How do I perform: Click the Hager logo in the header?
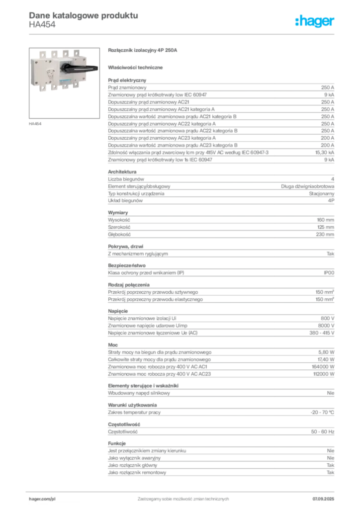[x=314, y=21]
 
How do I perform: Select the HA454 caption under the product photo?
[x=35, y=124]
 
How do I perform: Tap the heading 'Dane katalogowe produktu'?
[x=84, y=15]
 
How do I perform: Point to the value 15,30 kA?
[x=324, y=152]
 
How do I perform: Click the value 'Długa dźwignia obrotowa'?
[x=307, y=186]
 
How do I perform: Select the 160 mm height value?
[x=325, y=220]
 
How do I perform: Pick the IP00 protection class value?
[x=329, y=273]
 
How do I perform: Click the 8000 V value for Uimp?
[x=326, y=325]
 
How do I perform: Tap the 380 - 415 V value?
[x=322, y=333]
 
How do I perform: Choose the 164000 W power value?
[x=323, y=366]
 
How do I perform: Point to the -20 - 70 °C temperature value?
[x=322, y=412]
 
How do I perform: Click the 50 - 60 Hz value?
[x=322, y=432]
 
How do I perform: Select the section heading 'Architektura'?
[x=122, y=171]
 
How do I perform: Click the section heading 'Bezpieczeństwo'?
[x=127, y=265]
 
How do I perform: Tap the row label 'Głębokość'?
[x=119, y=235]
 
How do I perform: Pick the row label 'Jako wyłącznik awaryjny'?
[x=134, y=458]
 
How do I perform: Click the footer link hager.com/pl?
[x=42, y=499]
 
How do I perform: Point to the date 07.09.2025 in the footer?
[x=323, y=499]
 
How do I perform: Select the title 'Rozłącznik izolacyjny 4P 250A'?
[x=143, y=50]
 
